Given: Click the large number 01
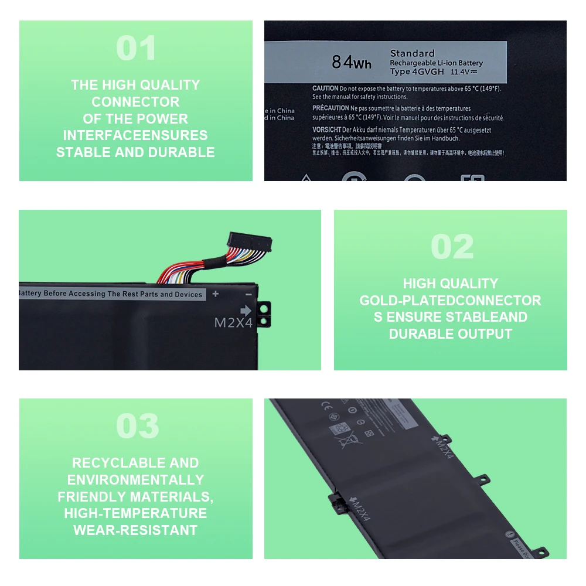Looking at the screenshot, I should coord(136,49).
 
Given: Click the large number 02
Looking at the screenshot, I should coord(452,247).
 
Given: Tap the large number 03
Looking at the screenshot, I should coord(137,426).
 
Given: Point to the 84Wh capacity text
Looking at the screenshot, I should coord(352,62).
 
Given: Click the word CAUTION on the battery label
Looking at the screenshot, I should coord(325,88).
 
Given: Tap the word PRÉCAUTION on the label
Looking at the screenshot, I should coord(331,108).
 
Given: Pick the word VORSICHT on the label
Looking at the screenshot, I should coord(326,129).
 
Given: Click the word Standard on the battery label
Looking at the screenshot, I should coord(412,53).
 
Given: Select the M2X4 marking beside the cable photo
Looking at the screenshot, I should coord(233,323).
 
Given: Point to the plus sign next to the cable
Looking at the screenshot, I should coord(216,294).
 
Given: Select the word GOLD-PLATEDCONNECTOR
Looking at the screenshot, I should coord(450,301).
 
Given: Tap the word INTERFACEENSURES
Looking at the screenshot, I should coord(135,135).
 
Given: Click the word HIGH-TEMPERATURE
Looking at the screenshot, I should coord(135,513).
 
